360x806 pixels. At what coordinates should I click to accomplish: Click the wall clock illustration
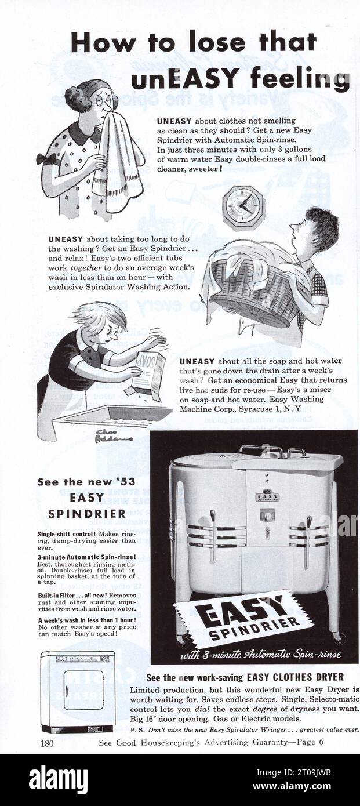(x=243, y=208)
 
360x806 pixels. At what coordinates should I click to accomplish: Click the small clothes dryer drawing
(x=78, y=690)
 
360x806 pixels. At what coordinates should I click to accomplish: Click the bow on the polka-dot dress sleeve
(x=46, y=159)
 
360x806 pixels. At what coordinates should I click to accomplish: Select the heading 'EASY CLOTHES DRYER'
(x=295, y=677)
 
